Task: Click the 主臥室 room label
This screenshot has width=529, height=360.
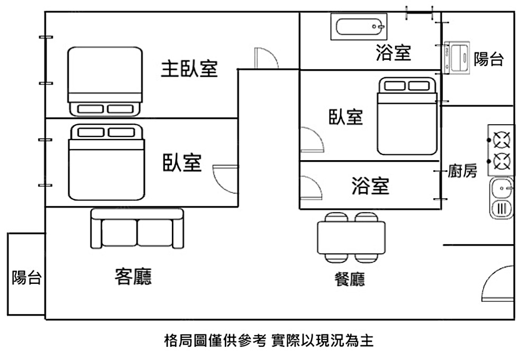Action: click(x=189, y=69)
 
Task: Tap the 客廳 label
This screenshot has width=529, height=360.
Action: click(x=133, y=276)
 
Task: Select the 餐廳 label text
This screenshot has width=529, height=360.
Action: click(x=350, y=280)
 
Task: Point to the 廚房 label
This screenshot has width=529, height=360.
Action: click(x=462, y=171)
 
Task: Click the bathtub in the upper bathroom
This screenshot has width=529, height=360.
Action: click(x=358, y=26)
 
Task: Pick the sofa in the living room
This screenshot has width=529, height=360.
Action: click(x=137, y=228)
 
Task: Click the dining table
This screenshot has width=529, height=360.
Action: click(x=351, y=237)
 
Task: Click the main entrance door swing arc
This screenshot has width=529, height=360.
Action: click(x=499, y=284)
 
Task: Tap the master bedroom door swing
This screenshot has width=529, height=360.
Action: click(x=266, y=58)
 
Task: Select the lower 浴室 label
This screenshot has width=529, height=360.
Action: click(x=370, y=186)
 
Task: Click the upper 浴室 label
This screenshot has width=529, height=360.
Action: click(x=393, y=53)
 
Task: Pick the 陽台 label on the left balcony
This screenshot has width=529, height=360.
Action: click(x=26, y=277)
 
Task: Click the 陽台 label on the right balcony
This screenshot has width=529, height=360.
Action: click(x=488, y=59)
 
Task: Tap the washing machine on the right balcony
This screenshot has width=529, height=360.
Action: click(x=457, y=57)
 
